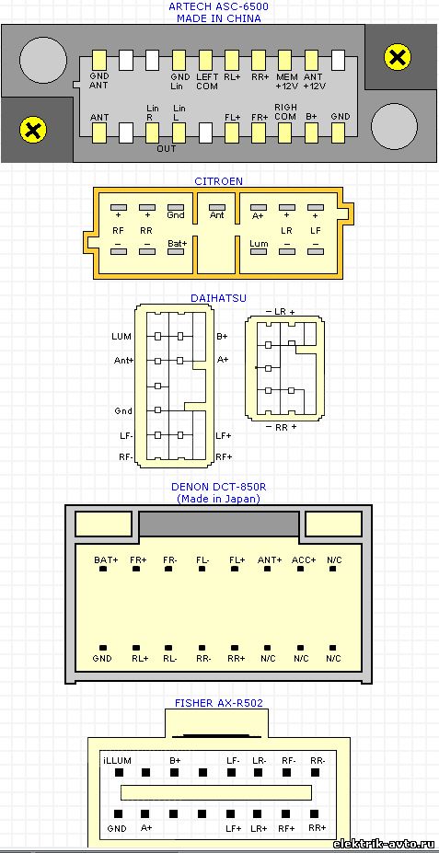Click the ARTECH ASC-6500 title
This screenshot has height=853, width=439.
(219, 7)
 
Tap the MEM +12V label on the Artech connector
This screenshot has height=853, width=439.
(286, 81)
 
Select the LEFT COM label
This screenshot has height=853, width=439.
(207, 81)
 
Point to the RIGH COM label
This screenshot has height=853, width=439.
(285, 112)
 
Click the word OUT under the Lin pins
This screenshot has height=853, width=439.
(167, 148)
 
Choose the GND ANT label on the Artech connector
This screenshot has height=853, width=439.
(99, 81)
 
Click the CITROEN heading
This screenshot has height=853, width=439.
(219, 181)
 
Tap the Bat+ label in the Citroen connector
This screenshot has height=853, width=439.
(178, 243)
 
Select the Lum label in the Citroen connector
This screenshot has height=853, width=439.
(259, 243)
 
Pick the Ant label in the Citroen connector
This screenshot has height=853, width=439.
(217, 215)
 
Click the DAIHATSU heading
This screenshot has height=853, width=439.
(218, 298)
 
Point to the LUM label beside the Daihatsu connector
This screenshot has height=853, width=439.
(121, 337)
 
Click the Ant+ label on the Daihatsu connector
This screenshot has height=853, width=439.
(123, 360)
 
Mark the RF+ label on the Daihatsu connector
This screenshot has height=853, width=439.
(224, 456)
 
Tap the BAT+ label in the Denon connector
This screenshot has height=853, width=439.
(106, 559)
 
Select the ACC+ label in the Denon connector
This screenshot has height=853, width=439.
(304, 559)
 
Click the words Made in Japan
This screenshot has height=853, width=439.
(218, 499)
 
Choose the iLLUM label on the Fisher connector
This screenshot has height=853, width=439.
(117, 760)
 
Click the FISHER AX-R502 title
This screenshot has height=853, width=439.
(219, 703)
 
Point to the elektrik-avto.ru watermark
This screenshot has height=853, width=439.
(385, 844)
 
